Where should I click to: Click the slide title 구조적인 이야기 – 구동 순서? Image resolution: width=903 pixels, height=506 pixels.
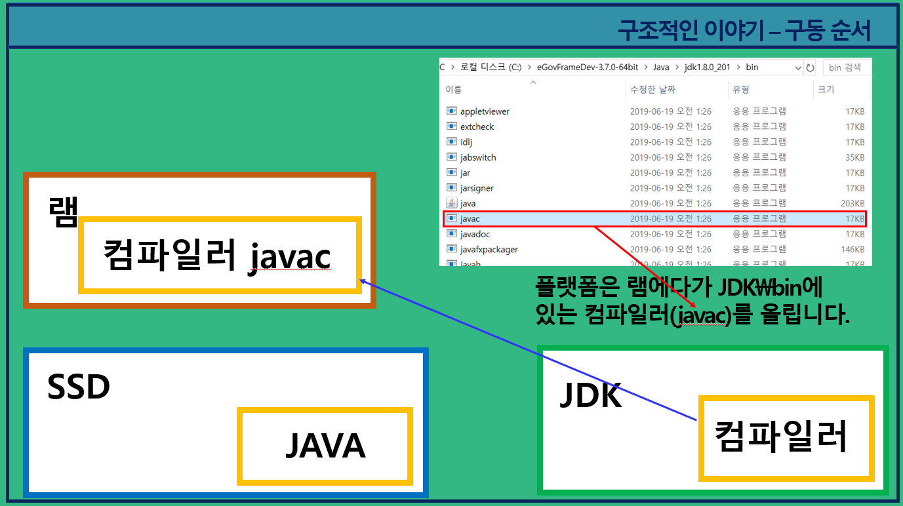tap(744, 29)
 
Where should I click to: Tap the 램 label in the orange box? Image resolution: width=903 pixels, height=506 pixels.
tap(63, 211)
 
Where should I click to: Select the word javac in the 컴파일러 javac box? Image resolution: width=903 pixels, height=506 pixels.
tap(290, 257)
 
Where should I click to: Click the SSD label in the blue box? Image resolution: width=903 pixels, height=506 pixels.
tap(78, 388)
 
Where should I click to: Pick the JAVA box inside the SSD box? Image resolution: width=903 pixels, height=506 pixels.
tap(325, 446)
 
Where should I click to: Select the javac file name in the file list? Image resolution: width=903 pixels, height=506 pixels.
tap(470, 218)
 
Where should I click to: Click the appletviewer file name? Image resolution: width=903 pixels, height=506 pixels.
tap(485, 111)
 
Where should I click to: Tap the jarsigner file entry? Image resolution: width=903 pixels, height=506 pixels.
tap(477, 188)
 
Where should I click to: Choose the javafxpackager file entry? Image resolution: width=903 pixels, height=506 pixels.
tap(489, 249)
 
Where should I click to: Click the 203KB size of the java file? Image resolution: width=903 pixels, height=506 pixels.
tap(853, 203)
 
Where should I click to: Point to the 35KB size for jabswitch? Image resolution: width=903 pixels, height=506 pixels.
tap(854, 157)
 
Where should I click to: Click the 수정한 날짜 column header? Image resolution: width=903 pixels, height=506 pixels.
tap(652, 89)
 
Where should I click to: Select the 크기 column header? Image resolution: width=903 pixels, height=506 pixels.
tap(826, 89)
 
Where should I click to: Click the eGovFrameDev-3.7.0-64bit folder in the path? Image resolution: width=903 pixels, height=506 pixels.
tap(587, 68)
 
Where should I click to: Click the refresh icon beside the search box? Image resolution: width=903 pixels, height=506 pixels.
tap(811, 68)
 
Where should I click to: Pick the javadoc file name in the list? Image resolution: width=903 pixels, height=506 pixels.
tap(475, 234)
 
